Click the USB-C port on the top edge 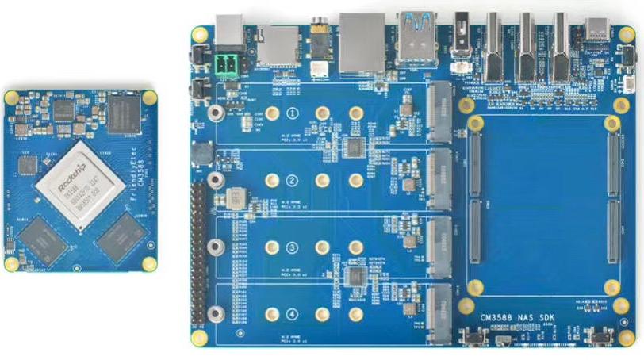(x=597, y=31)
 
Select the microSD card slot (x=277, y=45)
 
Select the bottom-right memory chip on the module (x=120, y=236)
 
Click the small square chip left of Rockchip (x=28, y=165)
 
